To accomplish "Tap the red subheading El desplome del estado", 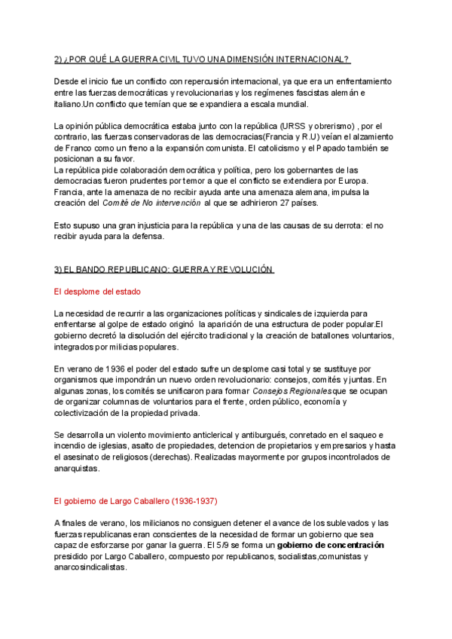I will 97,292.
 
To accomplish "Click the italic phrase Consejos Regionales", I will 292,391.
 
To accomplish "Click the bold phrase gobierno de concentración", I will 331,545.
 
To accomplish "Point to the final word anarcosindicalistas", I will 91,567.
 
